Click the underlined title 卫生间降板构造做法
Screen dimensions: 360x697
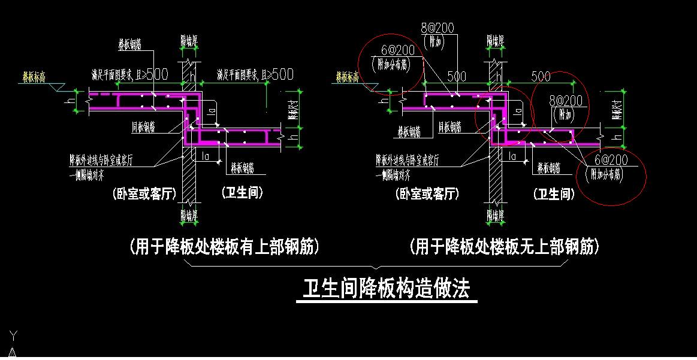tap(387, 289)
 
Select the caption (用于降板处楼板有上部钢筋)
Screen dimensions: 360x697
tap(224, 247)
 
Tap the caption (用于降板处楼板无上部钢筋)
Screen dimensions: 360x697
tap(505, 246)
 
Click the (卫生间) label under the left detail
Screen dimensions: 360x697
tap(242, 193)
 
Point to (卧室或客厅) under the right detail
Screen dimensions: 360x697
tap(427, 193)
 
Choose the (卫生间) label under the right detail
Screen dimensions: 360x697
tap(554, 193)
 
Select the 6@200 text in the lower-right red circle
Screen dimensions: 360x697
tap(610, 159)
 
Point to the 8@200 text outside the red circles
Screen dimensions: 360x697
tap(437, 28)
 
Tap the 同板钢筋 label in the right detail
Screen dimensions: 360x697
tap(450, 127)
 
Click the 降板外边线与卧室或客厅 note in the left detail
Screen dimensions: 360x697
tap(108, 161)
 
